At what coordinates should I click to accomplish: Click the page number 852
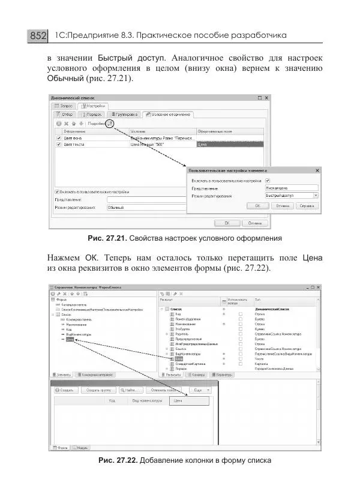(x=37, y=37)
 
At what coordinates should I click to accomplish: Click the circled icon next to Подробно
(x=110, y=124)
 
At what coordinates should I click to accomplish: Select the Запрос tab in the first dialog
(x=65, y=106)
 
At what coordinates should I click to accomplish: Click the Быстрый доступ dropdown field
(x=292, y=195)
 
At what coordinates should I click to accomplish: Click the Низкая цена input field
(x=292, y=187)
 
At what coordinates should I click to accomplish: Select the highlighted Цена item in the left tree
(x=70, y=340)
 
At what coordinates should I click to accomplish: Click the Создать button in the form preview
(x=66, y=390)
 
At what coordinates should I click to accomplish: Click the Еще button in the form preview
(x=199, y=390)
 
